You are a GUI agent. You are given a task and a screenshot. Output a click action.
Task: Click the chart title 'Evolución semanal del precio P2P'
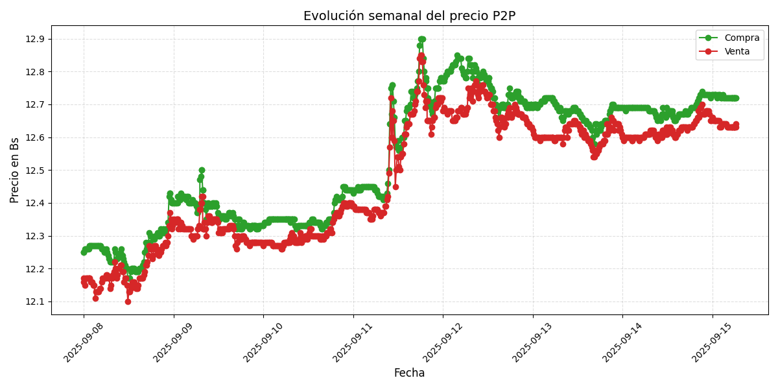click(x=409, y=16)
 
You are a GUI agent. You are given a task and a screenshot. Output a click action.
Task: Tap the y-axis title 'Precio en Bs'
click(x=15, y=170)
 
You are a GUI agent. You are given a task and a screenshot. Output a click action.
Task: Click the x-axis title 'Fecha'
click(x=409, y=373)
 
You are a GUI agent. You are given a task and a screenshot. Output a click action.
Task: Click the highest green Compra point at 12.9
click(x=421, y=39)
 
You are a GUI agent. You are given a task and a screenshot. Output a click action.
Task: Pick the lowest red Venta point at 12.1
click(x=128, y=301)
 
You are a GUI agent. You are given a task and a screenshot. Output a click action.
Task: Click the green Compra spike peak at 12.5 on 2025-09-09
click(x=202, y=170)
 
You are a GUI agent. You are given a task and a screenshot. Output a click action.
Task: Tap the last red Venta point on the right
click(x=736, y=124)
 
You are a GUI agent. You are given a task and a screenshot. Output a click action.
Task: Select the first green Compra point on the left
click(x=84, y=252)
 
